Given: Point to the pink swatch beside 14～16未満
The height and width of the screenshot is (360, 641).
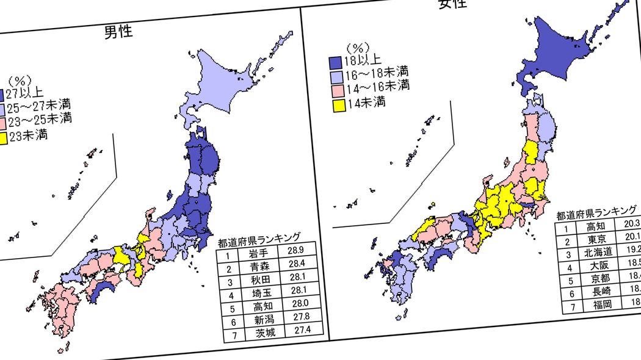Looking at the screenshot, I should pos(336,90).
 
